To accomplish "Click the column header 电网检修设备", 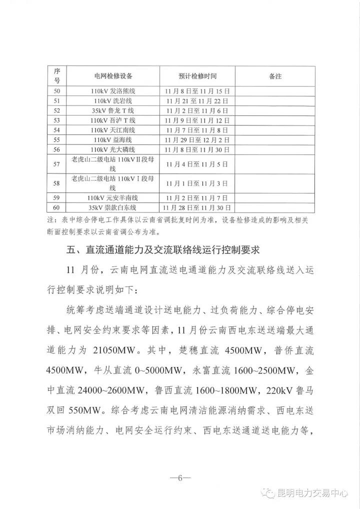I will [113, 76].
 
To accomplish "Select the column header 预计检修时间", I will [197, 76].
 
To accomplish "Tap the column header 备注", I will [275, 76].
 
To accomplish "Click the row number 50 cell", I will [56, 91].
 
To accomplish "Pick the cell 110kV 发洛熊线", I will [113, 91].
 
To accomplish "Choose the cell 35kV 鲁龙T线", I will [113, 110].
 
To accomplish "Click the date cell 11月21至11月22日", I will [197, 101].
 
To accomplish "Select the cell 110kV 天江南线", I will [113, 129].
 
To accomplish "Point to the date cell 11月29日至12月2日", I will [197, 139].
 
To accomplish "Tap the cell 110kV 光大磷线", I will [113, 148].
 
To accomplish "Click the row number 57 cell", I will [56, 163].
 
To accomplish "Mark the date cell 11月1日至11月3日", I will [197, 182].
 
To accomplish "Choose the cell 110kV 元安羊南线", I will [113, 197].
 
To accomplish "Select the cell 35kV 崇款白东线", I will [113, 207].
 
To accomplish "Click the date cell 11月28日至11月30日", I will [197, 207].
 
